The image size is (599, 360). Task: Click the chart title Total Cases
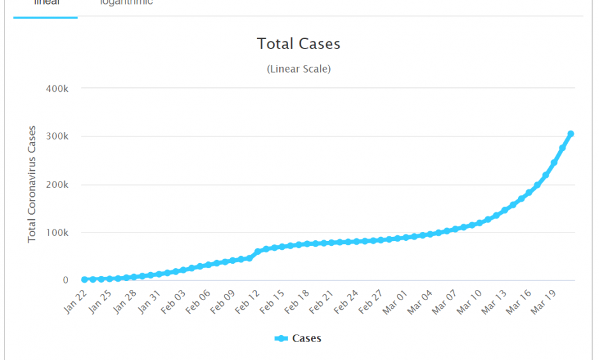298,44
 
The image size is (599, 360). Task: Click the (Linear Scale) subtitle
298,69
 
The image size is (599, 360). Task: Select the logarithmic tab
126,3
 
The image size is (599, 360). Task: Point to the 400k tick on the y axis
57,89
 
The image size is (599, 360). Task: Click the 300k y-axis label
57,136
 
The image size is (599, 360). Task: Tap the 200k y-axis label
57,185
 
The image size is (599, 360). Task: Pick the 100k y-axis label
57,233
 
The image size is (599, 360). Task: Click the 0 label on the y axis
66,280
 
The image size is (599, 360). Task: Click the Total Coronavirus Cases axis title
32,185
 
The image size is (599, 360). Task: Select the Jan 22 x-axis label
75,301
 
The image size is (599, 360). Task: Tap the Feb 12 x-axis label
247,301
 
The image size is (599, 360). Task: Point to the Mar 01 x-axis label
394,301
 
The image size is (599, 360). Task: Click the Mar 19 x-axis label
542,301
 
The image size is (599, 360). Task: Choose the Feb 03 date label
173,301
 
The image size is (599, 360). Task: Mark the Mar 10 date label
468,301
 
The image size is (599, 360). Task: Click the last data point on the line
570,134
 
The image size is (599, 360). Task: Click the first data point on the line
85,279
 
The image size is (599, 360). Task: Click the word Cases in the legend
307,338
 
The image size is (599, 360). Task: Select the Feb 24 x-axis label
345,301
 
